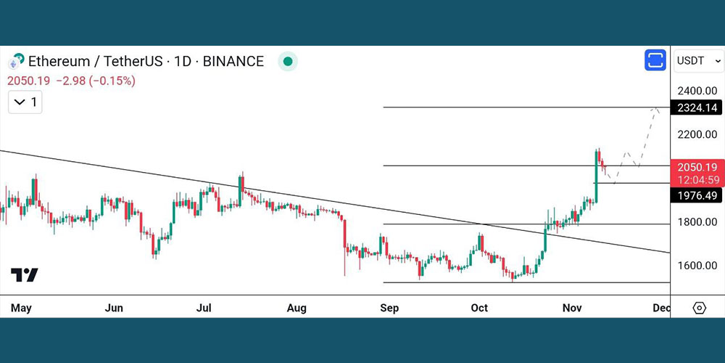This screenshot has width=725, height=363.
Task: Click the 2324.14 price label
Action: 697,107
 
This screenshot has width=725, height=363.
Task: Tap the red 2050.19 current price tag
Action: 697,166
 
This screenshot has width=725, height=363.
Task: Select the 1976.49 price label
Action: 697,195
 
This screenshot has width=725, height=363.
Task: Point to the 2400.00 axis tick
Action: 697,91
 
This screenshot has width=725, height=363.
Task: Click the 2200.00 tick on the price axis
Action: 697,134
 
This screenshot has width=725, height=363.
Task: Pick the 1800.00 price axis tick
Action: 697,221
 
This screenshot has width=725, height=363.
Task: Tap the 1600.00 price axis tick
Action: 697,265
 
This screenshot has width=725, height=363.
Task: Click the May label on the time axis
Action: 21,308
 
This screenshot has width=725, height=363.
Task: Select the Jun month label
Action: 114,308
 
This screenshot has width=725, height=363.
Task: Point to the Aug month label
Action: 297,308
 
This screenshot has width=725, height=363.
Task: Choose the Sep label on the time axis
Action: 389,308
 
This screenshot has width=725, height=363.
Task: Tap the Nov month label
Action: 572,308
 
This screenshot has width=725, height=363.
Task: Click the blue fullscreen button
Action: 655,60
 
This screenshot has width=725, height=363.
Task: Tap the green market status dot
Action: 288,62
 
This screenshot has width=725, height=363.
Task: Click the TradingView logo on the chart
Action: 25,275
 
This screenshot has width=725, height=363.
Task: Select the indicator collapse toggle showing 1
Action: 25,102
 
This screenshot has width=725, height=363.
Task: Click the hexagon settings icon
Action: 699,308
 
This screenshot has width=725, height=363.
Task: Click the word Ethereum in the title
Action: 59,62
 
